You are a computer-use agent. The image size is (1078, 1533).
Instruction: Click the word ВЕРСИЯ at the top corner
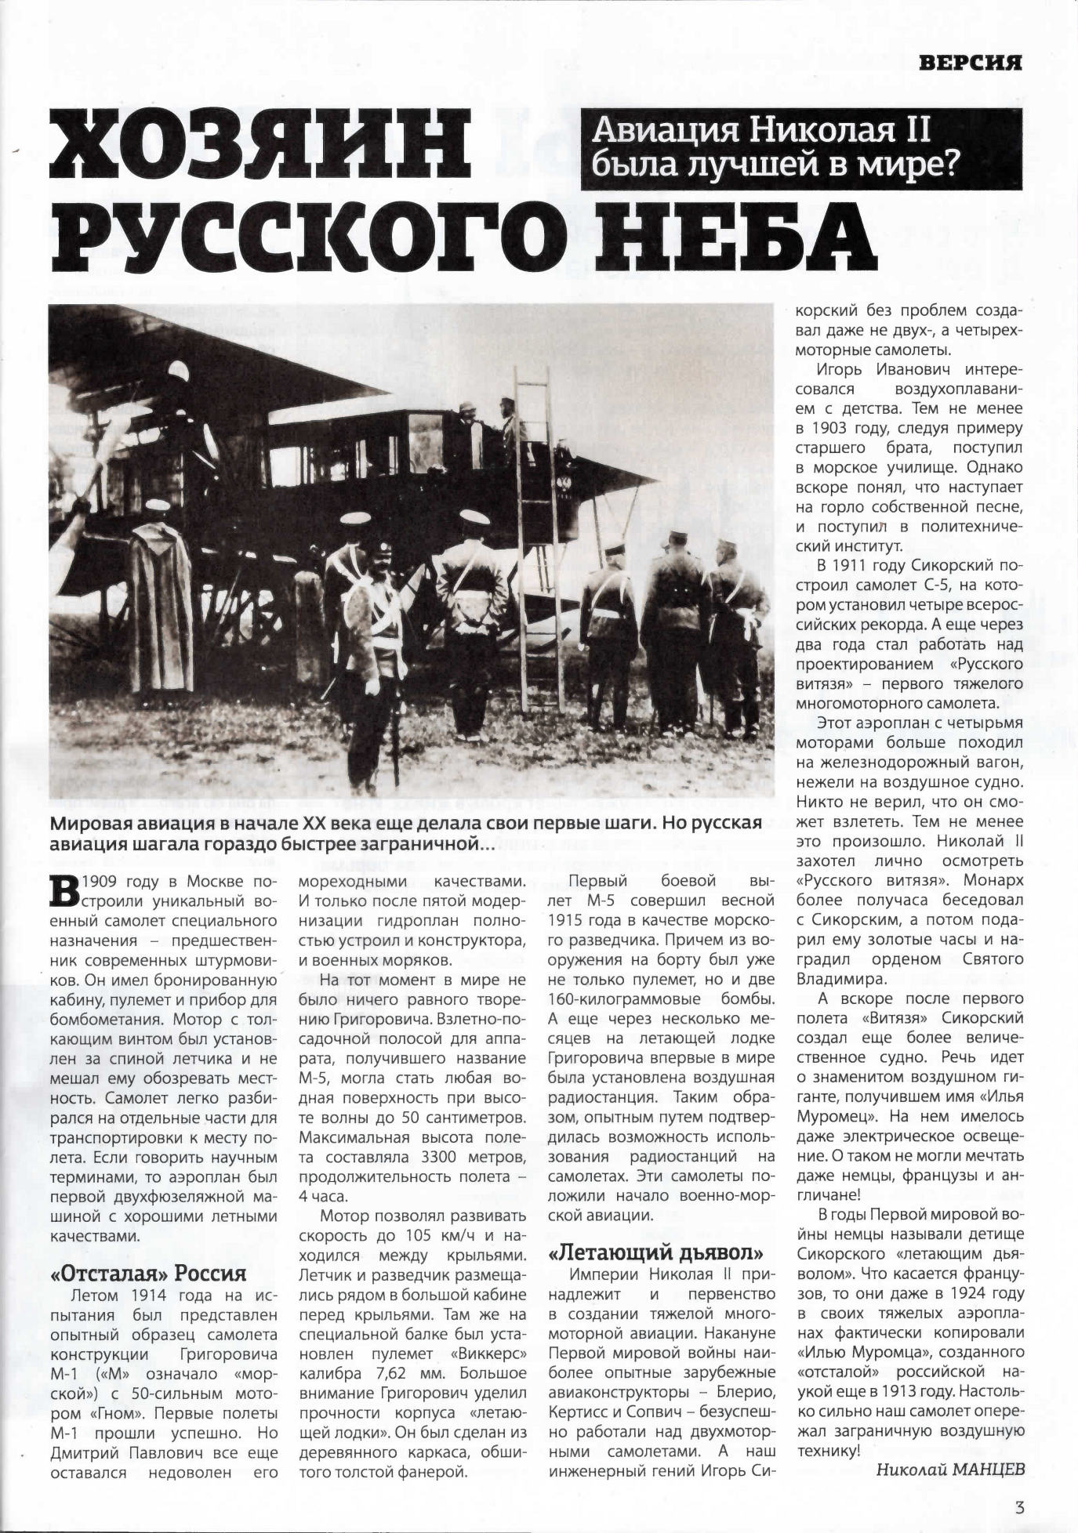tap(973, 63)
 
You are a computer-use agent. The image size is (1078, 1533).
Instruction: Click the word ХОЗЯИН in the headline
tap(259, 144)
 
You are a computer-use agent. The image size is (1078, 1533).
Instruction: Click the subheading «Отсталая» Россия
tap(147, 1272)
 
